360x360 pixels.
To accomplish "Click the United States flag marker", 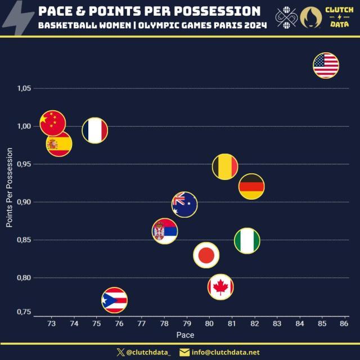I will tap(326, 65).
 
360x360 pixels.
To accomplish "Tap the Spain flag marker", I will tap(59, 144).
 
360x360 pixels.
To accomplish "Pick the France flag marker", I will tap(95, 130).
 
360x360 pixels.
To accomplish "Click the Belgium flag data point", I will tap(225, 166).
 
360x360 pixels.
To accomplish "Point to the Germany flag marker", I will tap(251, 186).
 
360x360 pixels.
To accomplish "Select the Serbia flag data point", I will tap(165, 231).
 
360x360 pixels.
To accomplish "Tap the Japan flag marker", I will tap(206, 255).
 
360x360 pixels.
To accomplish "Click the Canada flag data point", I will tap(220, 287).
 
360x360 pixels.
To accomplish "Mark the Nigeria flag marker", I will tap(247, 241).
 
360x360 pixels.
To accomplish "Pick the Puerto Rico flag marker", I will tap(115, 300).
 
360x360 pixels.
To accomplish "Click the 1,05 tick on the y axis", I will tap(24, 88).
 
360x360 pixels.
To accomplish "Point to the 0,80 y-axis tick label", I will tap(24, 278).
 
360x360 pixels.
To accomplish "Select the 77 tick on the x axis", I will tap(141, 324).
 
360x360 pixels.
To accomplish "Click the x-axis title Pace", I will tap(186, 335).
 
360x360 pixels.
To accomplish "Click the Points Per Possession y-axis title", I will tap(10, 187).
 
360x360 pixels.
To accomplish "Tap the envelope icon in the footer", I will tap(184, 353).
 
